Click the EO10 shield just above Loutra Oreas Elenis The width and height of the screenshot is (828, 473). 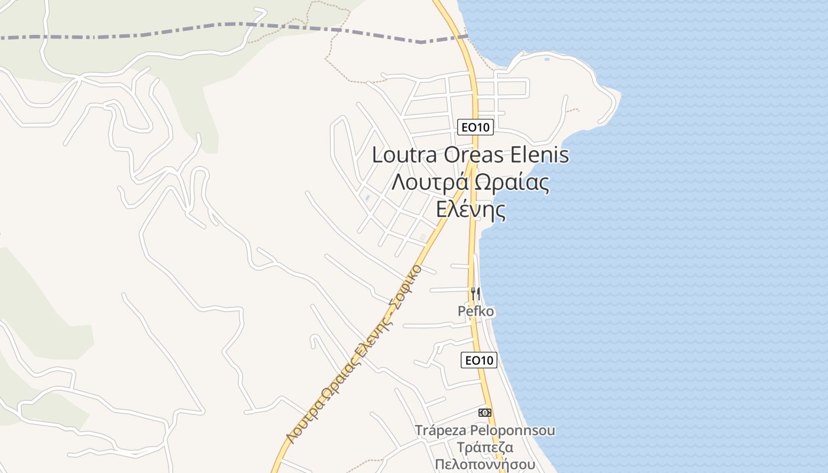pyautogui.click(x=476, y=127)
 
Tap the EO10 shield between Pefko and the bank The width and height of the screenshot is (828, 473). pyautogui.click(x=479, y=360)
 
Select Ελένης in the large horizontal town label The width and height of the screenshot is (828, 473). pyautogui.click(x=471, y=209)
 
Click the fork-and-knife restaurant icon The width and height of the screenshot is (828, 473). pyautogui.click(x=475, y=293)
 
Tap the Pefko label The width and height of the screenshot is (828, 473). pyautogui.click(x=476, y=311)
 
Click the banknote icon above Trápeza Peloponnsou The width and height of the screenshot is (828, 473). pyautogui.click(x=484, y=413)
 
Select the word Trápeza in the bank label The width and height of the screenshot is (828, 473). pyautogui.click(x=441, y=430)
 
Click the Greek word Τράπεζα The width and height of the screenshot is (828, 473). pyautogui.click(x=484, y=448)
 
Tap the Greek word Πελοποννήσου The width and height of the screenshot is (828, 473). pyautogui.click(x=484, y=464)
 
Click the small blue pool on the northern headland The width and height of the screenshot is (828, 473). pyautogui.click(x=546, y=59)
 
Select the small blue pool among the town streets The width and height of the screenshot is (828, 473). pyautogui.click(x=368, y=197)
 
